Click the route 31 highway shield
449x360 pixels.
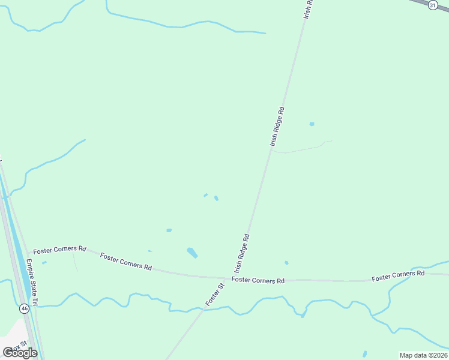(433, 5)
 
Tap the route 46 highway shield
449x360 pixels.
(24, 308)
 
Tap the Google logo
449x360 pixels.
(20, 353)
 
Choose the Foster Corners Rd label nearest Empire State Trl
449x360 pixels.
(59, 250)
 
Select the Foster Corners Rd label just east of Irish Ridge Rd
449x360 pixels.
(258, 280)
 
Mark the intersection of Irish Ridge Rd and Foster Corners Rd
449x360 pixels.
(226, 278)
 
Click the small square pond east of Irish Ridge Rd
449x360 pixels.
(312, 124)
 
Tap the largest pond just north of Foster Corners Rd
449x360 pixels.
(192, 253)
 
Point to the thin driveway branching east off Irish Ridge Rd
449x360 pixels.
(300, 149)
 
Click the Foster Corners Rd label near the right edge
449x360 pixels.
(398, 276)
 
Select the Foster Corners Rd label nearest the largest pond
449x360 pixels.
(126, 262)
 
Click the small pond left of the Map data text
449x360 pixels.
(365, 353)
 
